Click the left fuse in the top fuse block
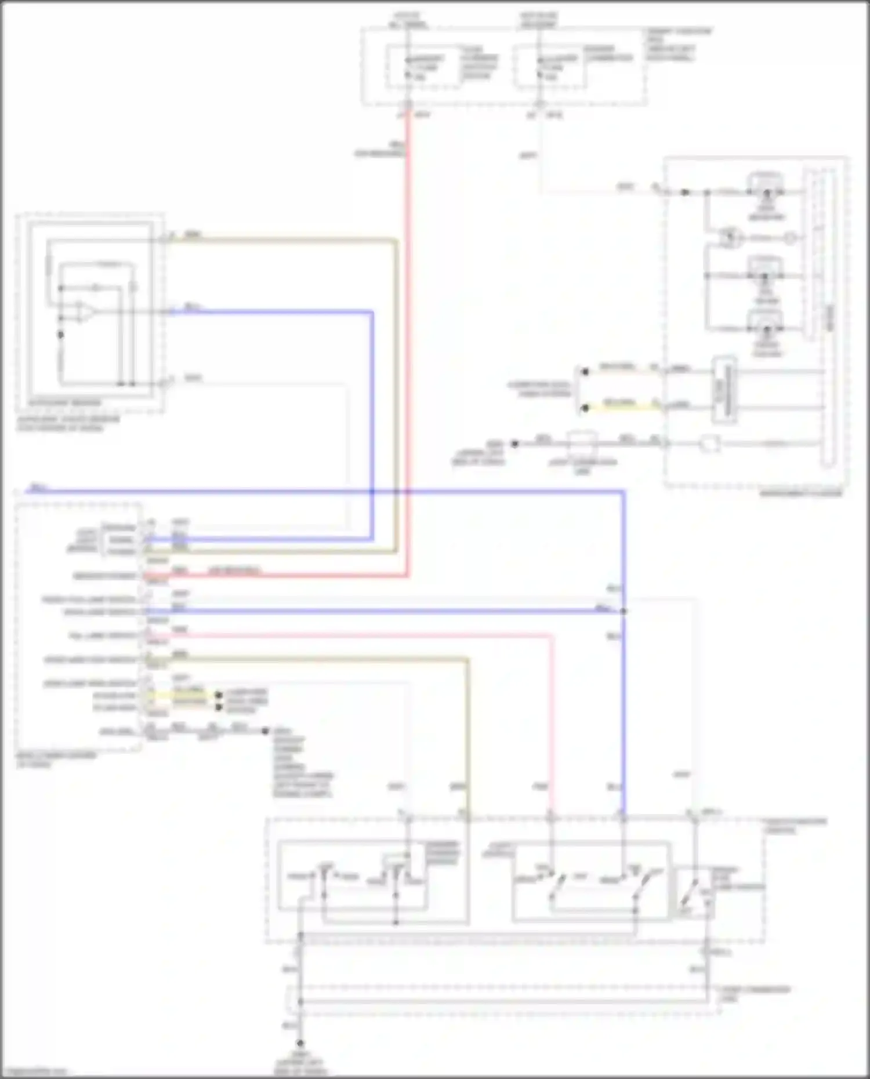[x=408, y=67]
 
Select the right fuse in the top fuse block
[x=540, y=67]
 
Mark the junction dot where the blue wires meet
[x=623, y=611]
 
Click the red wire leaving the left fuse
[x=408, y=290]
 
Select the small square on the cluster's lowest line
[x=709, y=445]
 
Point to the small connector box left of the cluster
[x=582, y=444]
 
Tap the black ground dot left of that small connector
[x=514, y=444]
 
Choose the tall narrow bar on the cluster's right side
[x=828, y=316]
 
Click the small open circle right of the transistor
[x=790, y=238]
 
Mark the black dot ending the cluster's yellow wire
[x=585, y=408]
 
